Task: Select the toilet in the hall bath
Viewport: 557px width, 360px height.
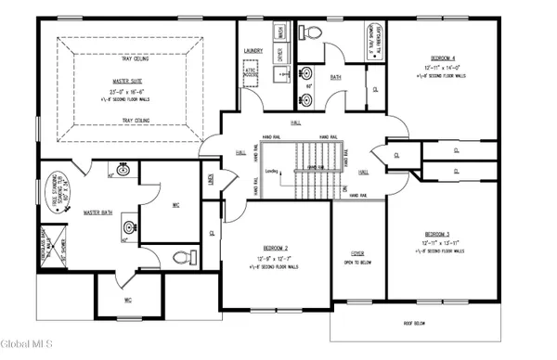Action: coord(313,31)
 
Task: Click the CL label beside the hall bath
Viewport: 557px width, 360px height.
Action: coord(375,90)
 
